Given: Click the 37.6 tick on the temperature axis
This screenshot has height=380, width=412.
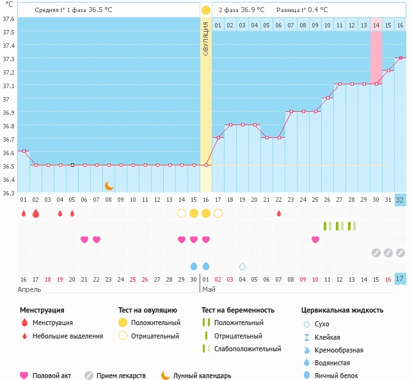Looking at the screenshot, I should (x=8, y=19).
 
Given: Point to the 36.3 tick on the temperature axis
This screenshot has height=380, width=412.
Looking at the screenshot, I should (x=8, y=193).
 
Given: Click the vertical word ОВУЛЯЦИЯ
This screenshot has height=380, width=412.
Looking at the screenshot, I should (x=206, y=38).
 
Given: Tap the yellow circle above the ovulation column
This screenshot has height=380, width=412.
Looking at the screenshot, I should (x=206, y=10).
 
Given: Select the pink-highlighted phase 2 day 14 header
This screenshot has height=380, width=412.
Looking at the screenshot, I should (x=376, y=25).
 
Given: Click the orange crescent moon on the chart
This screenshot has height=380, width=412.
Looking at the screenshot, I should (x=109, y=186).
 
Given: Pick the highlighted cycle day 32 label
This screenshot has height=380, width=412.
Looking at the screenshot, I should (x=400, y=199).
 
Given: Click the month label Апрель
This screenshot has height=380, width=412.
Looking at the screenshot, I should (x=29, y=289).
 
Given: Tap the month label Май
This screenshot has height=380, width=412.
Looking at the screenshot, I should (x=209, y=289).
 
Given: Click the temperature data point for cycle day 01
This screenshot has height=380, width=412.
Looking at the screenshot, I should (x=24, y=151).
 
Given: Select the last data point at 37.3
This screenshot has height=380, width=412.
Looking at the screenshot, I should (x=400, y=58).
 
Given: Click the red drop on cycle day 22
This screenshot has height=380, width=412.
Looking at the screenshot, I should (x=279, y=213).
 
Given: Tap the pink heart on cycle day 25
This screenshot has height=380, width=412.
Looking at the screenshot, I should (x=315, y=239).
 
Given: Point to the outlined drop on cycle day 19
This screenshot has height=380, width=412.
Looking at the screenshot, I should (x=242, y=266).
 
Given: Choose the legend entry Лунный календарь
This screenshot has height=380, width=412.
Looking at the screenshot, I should (x=202, y=376).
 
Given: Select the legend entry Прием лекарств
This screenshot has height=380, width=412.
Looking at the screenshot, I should (x=121, y=376).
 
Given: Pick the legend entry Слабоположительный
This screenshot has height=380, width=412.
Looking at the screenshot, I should (x=248, y=349).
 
